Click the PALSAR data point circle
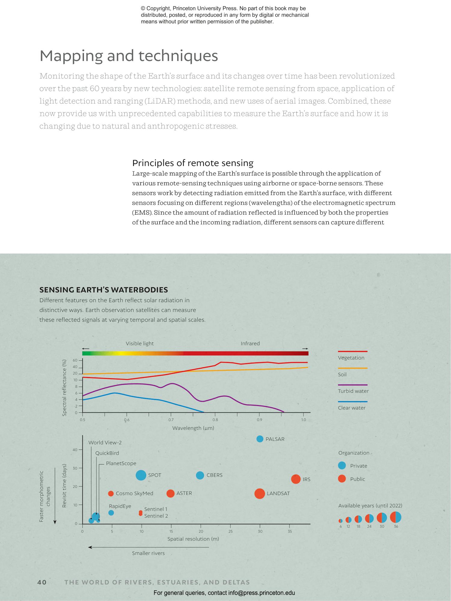(260, 439)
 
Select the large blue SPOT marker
(141, 475)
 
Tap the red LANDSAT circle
(259, 493)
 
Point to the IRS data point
(296, 479)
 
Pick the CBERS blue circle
(200, 475)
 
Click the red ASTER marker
(170, 493)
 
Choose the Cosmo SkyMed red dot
(111, 493)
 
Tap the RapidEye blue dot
(111, 513)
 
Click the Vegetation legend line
(352, 351)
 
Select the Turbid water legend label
(353, 391)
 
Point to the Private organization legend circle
(342, 466)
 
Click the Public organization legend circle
(342, 479)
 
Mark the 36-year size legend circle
(396, 517)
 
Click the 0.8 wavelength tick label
(215, 420)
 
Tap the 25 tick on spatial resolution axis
(231, 531)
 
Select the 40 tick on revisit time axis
(75, 450)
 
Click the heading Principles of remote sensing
(193, 163)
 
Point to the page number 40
(42, 582)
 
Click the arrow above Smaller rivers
(149, 547)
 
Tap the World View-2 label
(105, 442)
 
